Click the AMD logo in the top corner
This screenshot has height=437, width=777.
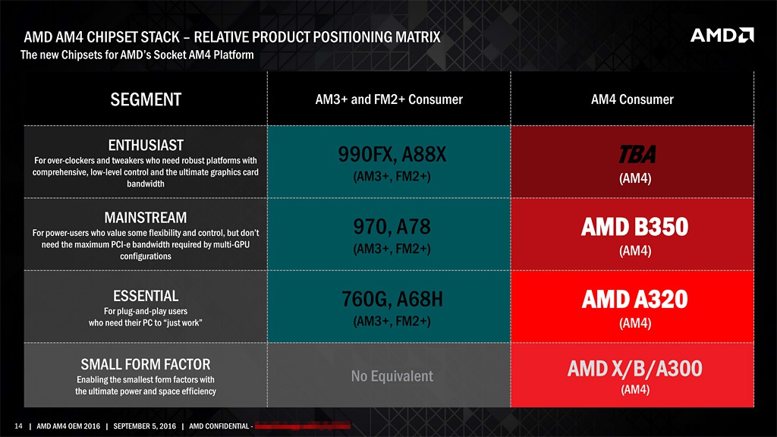(722, 36)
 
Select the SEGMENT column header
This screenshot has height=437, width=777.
(146, 99)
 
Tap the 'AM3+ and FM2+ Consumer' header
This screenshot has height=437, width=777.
(388, 99)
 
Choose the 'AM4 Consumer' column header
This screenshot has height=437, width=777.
(631, 99)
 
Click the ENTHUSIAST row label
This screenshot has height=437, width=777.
(146, 144)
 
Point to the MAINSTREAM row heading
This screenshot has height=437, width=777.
(146, 218)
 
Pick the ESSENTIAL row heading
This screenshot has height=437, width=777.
(146, 295)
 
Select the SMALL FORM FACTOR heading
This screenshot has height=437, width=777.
(146, 364)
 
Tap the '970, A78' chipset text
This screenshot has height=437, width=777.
(388, 228)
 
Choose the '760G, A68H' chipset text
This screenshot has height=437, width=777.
(388, 300)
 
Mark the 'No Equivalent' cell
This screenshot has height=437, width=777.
(392, 376)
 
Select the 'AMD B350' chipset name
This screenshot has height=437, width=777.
(635, 228)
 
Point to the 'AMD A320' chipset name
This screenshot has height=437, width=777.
(635, 300)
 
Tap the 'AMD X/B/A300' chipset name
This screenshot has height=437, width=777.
(635, 369)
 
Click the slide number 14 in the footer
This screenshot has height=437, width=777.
(19, 425)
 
